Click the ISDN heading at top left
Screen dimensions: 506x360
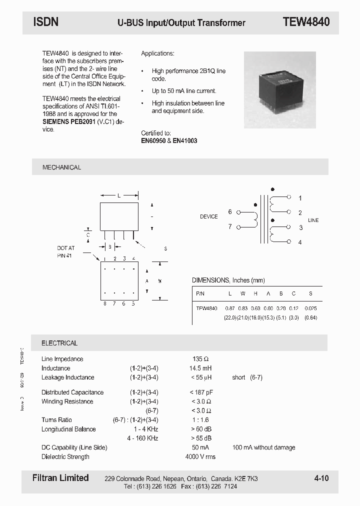pyautogui.click(x=46, y=22)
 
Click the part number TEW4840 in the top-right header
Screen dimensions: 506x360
pyautogui.click(x=306, y=22)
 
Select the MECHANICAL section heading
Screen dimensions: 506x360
pyautogui.click(x=61, y=167)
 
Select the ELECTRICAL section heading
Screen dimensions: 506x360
pyautogui.click(x=59, y=343)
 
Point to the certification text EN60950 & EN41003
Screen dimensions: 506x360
pyautogui.click(x=169, y=141)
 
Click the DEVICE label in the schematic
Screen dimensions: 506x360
pyautogui.click(x=209, y=216)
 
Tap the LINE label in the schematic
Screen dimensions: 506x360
pyautogui.click(x=313, y=220)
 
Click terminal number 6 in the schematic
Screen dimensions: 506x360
pyautogui.click(x=230, y=212)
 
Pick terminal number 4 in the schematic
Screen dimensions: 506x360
pyautogui.click(x=300, y=242)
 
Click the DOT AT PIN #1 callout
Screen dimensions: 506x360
pyautogui.click(x=65, y=251)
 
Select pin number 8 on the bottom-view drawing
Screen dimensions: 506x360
pyautogui.click(x=104, y=303)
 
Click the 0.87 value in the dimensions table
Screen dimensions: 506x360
pyautogui.click(x=230, y=308)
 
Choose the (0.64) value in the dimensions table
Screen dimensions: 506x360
pyautogui.click(x=310, y=318)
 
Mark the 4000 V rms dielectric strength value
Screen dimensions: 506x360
pyautogui.click(x=200, y=456)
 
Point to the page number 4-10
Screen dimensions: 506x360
pyautogui.click(x=321, y=478)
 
